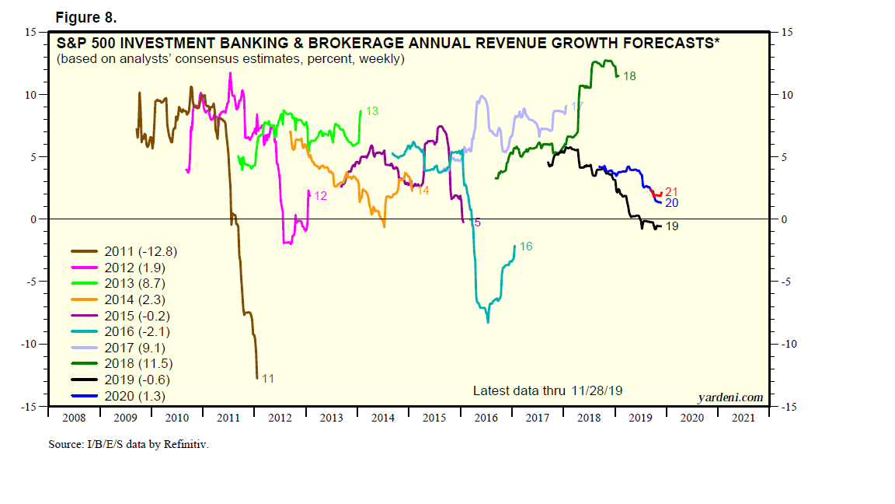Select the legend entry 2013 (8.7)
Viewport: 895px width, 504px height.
135,284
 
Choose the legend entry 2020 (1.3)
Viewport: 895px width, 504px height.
135,396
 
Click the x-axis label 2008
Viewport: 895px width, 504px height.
74,418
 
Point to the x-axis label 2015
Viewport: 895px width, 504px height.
434,418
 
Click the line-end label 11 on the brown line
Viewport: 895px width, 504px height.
267,379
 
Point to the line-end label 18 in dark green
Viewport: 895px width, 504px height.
629,76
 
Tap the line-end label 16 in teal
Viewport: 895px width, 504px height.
526,247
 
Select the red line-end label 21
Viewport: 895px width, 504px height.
672,192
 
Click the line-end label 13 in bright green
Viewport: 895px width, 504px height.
371,111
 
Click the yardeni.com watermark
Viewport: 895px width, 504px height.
730,397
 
